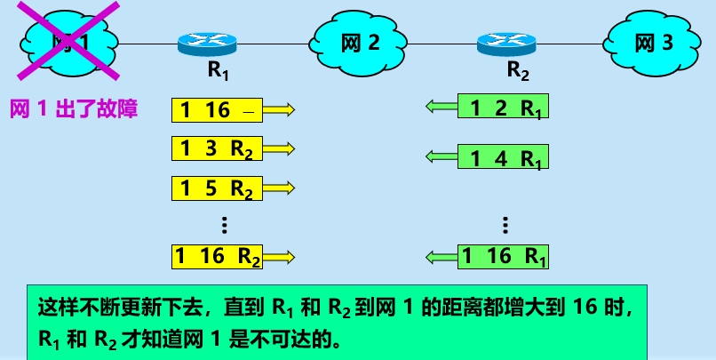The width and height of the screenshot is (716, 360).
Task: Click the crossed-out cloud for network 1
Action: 69,41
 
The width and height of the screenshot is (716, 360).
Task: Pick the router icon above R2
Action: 505,42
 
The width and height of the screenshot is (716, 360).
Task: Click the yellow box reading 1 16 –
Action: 218,110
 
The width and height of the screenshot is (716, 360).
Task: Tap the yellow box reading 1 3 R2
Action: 218,148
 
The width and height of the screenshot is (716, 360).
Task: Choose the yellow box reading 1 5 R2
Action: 218,188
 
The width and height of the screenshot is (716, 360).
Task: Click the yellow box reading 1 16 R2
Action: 218,257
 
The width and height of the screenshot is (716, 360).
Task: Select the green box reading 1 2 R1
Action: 504,108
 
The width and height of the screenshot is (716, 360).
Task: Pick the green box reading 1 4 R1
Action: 504,158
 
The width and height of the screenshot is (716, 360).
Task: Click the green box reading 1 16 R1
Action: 504,257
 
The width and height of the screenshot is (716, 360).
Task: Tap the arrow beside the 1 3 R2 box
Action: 279,148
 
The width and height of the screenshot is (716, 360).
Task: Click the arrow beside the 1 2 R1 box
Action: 442,108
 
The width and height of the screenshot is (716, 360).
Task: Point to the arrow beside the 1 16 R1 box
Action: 442,257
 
